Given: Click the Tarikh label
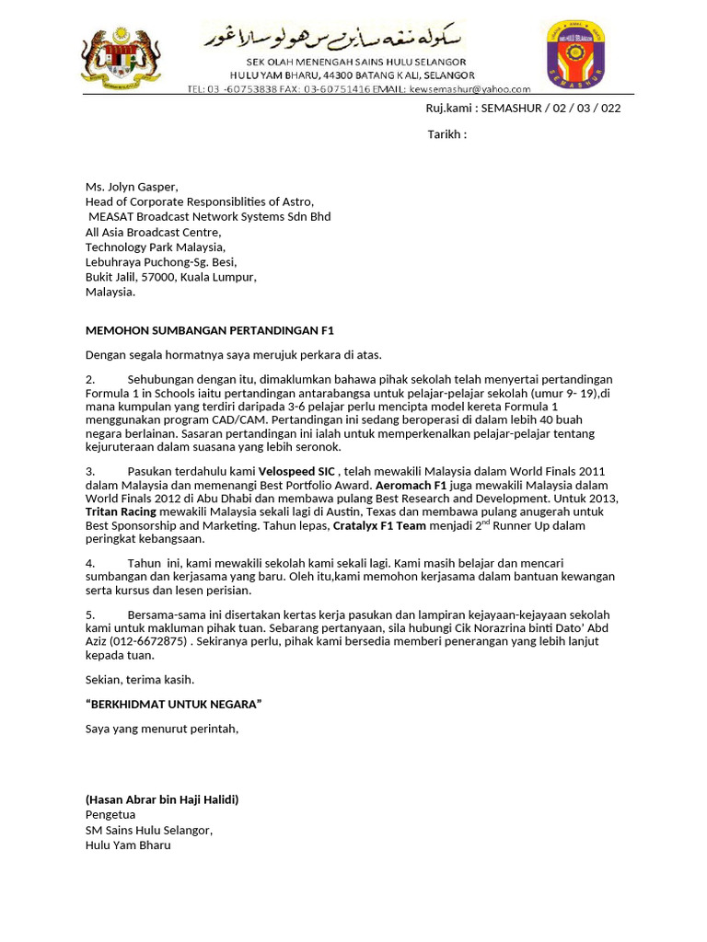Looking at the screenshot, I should pos(446,135).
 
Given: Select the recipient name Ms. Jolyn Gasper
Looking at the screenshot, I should pos(132,187).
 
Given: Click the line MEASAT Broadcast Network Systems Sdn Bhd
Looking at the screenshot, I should pos(209,217).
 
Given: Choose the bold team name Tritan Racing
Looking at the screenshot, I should pos(121,511).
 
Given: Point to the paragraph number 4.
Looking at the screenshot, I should pos(90,563).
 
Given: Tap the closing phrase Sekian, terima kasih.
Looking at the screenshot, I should pos(140,680).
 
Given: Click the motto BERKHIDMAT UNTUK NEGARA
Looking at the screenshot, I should pos(173,705).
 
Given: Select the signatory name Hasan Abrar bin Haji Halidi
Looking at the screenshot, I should pos(162,799).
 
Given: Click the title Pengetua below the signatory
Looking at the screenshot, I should pos(110,815).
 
